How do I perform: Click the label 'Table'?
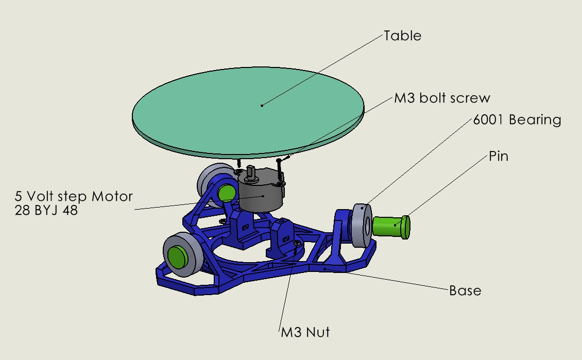tap(402, 36)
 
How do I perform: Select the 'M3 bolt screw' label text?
tap(442, 98)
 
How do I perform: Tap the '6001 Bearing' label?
tap(517, 120)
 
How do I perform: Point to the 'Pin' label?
tap(499, 156)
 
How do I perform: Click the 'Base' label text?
tap(465, 290)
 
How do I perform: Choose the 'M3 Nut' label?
tap(305, 332)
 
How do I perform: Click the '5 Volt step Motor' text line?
tap(74, 196)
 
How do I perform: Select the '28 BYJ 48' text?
tap(47, 210)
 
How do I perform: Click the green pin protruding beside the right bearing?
tap(391, 227)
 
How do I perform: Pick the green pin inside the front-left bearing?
tap(177, 256)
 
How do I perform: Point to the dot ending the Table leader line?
tap(262, 105)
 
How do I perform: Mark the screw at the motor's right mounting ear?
tap(279, 170)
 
